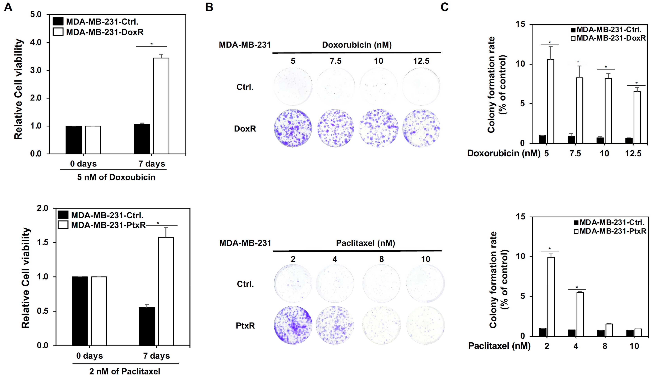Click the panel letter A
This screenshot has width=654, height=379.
(8, 7)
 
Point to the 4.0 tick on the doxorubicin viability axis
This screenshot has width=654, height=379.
(36, 42)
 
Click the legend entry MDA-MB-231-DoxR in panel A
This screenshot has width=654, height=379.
(104, 32)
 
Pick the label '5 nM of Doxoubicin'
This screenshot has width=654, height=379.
(116, 177)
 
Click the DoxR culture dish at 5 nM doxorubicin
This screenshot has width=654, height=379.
(293, 128)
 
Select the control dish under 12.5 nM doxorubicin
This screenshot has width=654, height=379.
(421, 87)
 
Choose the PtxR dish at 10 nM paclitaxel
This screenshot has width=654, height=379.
(425, 325)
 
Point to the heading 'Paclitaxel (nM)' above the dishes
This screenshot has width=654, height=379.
(365, 243)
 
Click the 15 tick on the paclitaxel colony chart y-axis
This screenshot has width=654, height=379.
(520, 217)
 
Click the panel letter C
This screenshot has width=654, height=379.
(445, 7)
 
